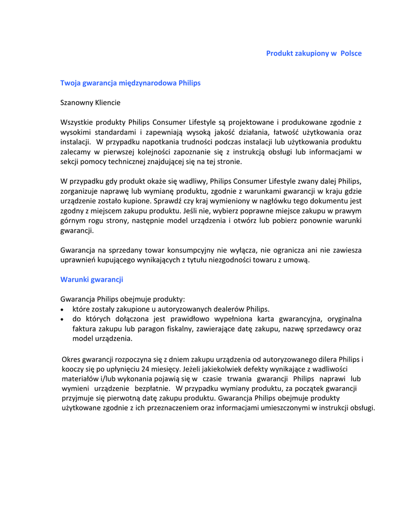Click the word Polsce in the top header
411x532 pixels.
click(351, 54)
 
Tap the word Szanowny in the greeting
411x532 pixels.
click(76, 103)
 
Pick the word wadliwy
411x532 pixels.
click(192, 181)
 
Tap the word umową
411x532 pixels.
click(297, 260)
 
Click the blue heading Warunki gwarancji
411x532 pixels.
click(91, 280)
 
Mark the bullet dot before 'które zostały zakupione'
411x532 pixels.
click(63, 309)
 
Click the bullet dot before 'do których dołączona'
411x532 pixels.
click(63, 319)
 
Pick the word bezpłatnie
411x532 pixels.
click(152, 389)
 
